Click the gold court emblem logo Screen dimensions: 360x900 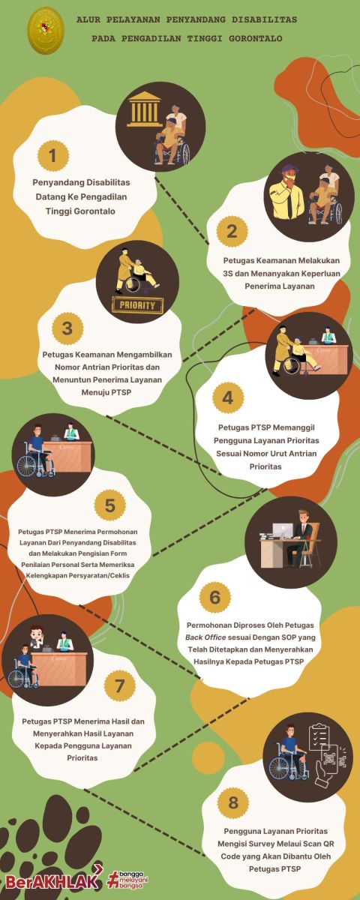[46, 31]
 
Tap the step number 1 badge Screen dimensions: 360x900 [52, 155]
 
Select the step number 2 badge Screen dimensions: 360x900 [232, 232]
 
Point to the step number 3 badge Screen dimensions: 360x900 [67, 328]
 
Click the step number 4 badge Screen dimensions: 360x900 [228, 397]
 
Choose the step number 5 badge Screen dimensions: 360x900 [109, 505]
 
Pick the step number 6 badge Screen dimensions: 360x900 [215, 597]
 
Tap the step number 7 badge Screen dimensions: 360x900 [119, 685]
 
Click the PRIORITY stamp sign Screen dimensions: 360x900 [137, 305]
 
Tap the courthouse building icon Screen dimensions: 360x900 [143, 109]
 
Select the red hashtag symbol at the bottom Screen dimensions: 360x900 [114, 879]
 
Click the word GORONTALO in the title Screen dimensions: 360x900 [256, 38]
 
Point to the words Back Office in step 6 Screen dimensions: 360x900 [205, 637]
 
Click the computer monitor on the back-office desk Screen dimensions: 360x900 [283, 531]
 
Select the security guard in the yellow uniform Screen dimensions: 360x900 [288, 192]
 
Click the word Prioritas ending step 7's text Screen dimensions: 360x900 [82, 757]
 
